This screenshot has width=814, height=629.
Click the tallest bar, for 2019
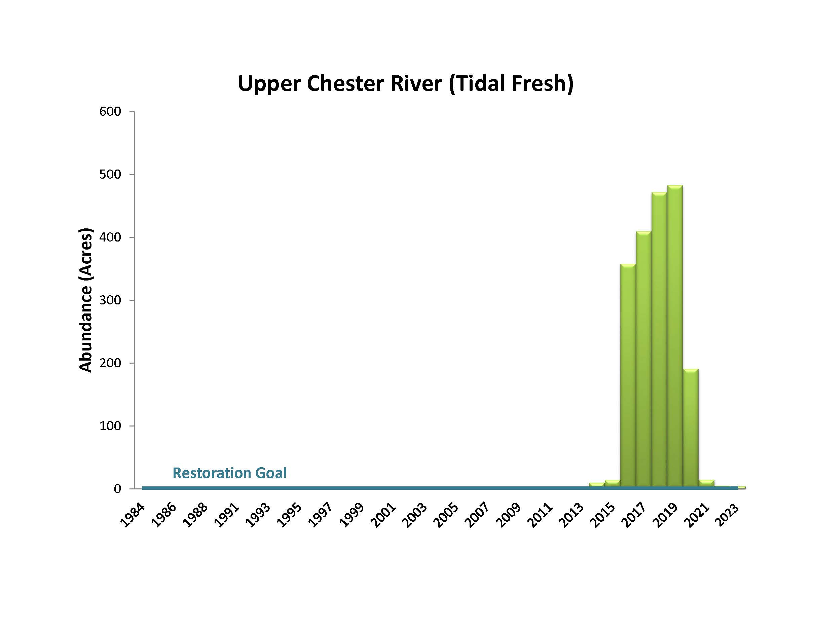coord(675,335)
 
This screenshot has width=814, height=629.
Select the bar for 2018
coord(659,339)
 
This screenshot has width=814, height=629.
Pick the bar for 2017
coord(643,358)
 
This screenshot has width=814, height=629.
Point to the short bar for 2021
coord(706,483)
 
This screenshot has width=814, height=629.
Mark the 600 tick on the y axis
coord(110,111)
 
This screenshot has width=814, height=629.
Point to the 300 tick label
coord(110,300)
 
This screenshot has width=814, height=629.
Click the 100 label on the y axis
coord(110,425)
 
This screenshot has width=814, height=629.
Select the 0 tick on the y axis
coord(117,488)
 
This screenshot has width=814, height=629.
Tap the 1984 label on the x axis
coord(132,515)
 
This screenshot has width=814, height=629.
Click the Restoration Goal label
coord(229,473)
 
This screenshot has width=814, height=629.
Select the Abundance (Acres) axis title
coord(85,300)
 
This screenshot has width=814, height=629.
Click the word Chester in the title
coord(346,83)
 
